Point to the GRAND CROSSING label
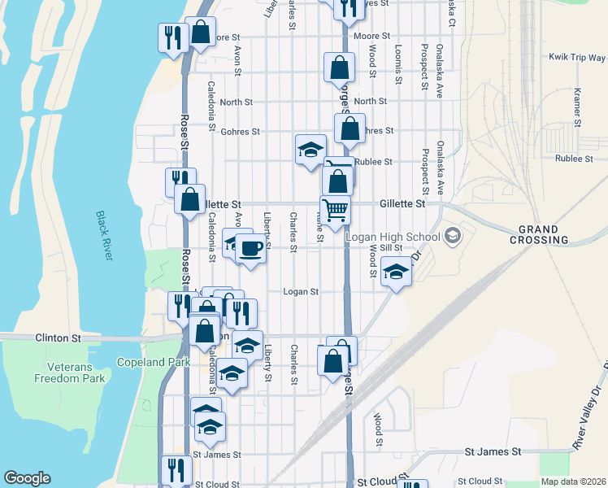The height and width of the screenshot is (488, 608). (x=539, y=234)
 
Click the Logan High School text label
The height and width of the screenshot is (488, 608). (x=393, y=237)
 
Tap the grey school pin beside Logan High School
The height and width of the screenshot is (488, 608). (x=452, y=237)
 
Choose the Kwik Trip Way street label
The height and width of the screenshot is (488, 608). (x=576, y=58)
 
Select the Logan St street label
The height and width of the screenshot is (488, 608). (x=300, y=291)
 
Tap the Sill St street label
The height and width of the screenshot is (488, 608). (x=391, y=247)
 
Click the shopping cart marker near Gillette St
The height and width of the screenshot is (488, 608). (x=335, y=210)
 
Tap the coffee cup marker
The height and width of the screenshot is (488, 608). (x=251, y=247)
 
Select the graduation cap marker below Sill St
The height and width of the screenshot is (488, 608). (x=396, y=272)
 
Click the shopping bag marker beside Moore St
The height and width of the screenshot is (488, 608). (x=200, y=32)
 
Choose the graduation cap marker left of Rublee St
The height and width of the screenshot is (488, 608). (x=310, y=150)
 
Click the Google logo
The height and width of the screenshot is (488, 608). (x=27, y=478)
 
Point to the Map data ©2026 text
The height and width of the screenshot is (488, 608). (x=573, y=481)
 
